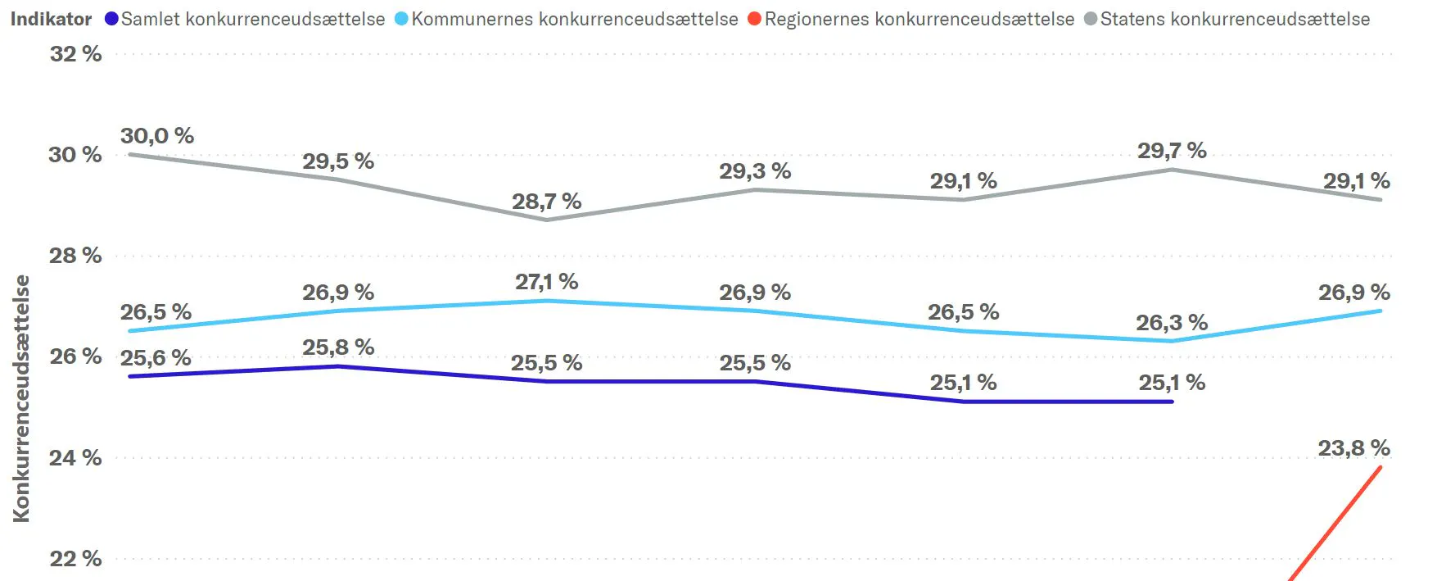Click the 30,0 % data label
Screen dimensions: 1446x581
click(157, 136)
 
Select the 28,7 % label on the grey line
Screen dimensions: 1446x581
click(547, 202)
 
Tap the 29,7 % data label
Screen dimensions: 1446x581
click(1172, 151)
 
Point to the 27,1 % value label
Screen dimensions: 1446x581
click(547, 282)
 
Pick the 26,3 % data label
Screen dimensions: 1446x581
click(1172, 323)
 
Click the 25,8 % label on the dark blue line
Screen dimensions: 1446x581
click(338, 347)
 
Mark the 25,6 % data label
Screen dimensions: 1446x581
click(156, 358)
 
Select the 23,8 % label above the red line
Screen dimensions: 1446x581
click(1354, 448)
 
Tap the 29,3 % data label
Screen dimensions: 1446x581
click(755, 171)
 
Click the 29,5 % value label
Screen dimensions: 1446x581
click(338, 161)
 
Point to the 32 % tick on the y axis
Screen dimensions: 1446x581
click(75, 54)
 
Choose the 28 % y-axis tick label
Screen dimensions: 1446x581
click(75, 256)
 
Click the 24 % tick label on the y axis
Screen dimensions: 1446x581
click(75, 457)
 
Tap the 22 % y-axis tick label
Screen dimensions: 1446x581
click(75, 559)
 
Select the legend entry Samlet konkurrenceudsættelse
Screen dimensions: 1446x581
click(245, 19)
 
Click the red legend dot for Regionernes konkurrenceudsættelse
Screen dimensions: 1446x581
click(755, 18)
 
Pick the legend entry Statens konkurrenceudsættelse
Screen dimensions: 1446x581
click(1227, 19)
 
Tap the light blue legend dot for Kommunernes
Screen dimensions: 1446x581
click(401, 18)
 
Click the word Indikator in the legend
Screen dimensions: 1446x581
click(51, 19)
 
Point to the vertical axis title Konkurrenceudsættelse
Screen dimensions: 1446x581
click(21, 398)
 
